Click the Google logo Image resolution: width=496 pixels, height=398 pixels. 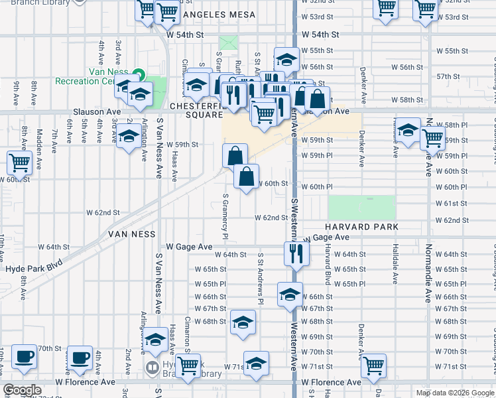tap(22, 389)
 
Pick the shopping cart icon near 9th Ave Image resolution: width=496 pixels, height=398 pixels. tap(20, 162)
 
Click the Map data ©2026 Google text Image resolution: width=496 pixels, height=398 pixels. tap(454, 393)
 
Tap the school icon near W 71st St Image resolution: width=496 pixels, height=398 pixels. tap(256, 363)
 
